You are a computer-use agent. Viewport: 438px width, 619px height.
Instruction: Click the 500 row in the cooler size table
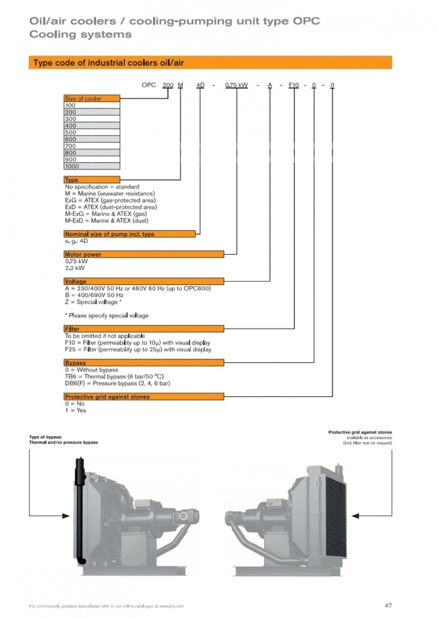tap(92, 133)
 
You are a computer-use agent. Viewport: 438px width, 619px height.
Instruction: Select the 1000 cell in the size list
tap(92, 166)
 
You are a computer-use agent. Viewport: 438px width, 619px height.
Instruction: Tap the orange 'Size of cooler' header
tap(92, 99)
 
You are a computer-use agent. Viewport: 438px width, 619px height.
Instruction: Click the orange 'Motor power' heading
tap(144, 254)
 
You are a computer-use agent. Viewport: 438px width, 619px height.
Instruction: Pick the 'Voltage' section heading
tap(144, 281)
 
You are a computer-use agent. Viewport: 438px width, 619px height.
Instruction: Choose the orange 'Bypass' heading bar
tap(144, 363)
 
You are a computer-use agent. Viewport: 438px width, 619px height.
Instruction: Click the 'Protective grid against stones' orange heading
tap(144, 397)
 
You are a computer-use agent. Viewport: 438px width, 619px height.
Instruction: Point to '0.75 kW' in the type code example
tap(237, 85)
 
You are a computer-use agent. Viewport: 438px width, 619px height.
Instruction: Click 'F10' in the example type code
tap(294, 85)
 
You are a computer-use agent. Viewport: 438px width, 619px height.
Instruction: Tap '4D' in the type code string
tap(200, 85)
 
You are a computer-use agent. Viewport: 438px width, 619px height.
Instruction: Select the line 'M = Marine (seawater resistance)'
tap(110, 194)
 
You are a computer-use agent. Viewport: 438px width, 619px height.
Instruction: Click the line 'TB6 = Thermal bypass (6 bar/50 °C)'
tap(114, 377)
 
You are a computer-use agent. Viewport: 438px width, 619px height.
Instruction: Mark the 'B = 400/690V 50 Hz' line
tap(94, 295)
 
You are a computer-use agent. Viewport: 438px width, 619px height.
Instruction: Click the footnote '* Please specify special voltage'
tap(106, 315)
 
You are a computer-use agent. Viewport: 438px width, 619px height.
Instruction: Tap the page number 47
tap(388, 605)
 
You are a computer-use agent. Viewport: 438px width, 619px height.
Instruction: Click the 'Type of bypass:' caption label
tap(46, 437)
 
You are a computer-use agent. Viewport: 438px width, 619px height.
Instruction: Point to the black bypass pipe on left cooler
tap(79, 508)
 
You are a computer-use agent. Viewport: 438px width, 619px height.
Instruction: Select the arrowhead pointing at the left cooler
tap(65, 516)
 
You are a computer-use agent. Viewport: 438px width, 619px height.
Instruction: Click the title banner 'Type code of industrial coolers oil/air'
tap(210, 62)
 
